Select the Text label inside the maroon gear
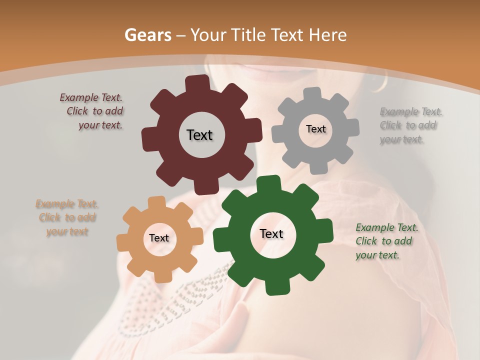point(199,135)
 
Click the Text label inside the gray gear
point(315,129)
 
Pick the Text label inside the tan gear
point(159,238)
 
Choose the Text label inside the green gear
point(271,233)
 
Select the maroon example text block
point(92,111)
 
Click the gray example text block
point(411,125)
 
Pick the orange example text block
point(67,217)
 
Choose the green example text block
point(386,241)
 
